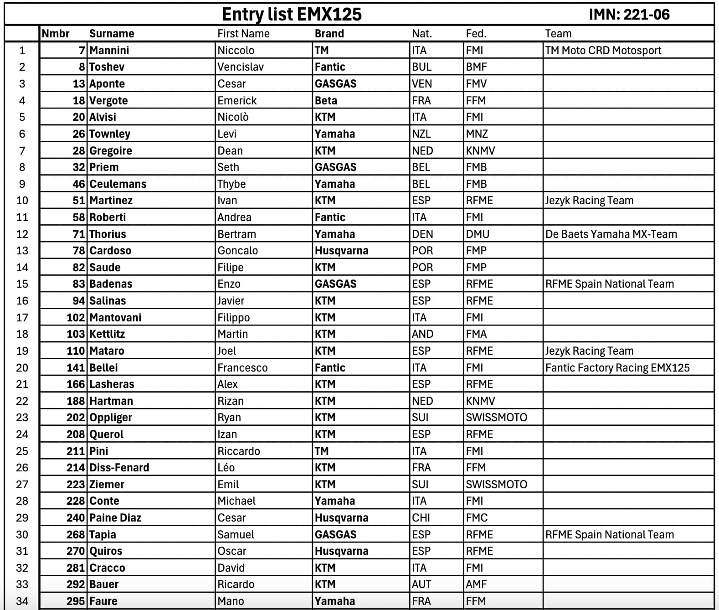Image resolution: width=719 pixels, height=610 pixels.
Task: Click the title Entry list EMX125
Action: tap(292, 14)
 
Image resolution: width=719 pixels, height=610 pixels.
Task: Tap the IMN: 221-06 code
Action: tap(629, 15)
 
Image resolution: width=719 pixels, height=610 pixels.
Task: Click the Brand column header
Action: tap(329, 34)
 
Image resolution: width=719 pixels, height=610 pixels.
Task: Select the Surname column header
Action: tap(112, 34)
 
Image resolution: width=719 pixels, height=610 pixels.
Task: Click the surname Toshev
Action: tap(107, 67)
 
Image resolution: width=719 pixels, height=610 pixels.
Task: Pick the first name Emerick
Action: tap(237, 100)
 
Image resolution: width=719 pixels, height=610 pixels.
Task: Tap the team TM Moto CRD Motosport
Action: tap(603, 51)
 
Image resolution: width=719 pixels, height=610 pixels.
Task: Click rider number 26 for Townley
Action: tap(78, 134)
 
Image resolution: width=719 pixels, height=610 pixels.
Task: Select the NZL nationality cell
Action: tap(421, 134)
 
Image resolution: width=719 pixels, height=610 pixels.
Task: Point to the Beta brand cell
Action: tap(326, 100)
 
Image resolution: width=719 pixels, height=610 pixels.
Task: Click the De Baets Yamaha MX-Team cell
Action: tap(611, 234)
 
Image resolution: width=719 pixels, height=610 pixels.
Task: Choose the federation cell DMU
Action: tap(477, 234)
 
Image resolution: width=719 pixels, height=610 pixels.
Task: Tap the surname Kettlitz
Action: tap(107, 334)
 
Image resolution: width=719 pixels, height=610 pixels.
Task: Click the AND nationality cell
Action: tap(422, 334)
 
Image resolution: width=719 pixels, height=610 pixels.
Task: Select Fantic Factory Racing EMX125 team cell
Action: tap(617, 367)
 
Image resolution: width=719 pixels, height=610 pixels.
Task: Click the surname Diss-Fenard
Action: tap(119, 468)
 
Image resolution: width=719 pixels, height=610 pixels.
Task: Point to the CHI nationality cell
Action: tap(421, 518)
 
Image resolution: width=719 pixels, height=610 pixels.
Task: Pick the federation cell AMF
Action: tap(476, 584)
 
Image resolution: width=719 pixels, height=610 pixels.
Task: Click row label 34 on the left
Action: tap(22, 601)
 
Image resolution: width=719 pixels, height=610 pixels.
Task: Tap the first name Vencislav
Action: tap(241, 67)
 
